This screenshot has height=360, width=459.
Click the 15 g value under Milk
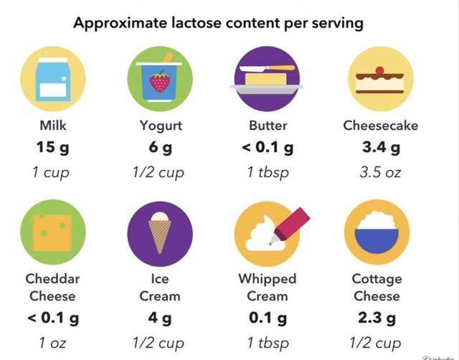point(54,148)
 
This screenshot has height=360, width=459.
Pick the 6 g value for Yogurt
point(160,148)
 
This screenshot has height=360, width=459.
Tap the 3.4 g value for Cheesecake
point(380,148)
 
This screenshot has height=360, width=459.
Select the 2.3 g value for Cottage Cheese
point(377,317)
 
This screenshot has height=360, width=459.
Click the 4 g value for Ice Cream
point(160,317)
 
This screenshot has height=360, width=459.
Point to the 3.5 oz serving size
point(379,172)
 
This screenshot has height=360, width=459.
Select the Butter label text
point(268,125)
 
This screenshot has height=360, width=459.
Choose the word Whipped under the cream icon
point(268,278)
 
